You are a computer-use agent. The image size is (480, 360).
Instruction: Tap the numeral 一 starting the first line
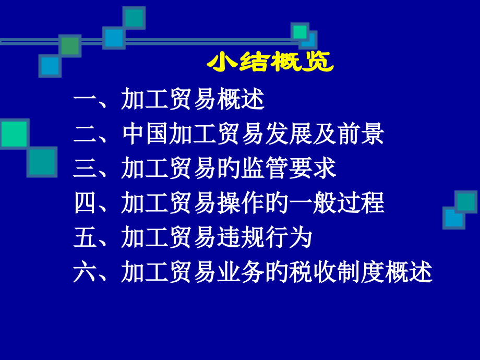click(85, 99)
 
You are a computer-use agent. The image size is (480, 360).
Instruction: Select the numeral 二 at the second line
click(85, 134)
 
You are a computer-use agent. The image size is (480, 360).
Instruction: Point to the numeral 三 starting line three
click(85, 169)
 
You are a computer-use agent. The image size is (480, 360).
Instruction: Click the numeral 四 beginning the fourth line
click(85, 203)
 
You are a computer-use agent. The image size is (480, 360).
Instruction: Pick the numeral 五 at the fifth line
click(85, 237)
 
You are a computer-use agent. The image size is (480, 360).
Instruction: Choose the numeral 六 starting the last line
click(85, 272)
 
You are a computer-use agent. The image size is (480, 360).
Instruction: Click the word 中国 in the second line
click(145, 134)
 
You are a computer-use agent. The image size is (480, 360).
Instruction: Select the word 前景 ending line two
click(361, 134)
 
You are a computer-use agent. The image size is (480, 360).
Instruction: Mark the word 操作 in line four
click(241, 203)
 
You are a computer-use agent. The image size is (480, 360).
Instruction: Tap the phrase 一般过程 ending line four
click(337, 203)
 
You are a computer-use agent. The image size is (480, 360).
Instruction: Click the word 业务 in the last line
click(241, 272)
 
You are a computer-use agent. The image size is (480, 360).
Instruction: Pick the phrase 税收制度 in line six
click(337, 272)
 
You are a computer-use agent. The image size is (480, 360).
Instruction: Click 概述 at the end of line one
click(241, 99)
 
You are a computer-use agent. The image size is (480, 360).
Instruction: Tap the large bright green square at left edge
click(14, 134)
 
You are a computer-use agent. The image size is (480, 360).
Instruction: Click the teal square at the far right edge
click(466, 202)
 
